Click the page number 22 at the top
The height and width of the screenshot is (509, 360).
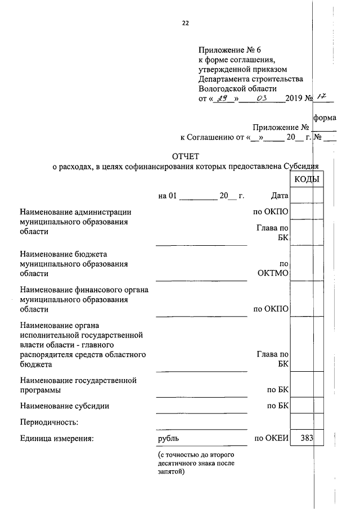[186, 23]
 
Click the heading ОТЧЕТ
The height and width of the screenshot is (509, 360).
[186, 156]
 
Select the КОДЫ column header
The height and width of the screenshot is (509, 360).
[307, 179]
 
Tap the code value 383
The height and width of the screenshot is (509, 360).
[307, 438]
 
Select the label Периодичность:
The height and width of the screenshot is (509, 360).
[49, 422]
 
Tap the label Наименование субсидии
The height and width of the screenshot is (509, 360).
[64, 406]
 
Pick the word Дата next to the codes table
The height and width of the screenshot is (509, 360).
[279, 196]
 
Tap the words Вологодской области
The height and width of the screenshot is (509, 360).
[238, 88]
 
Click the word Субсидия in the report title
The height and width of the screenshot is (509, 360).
[301, 166]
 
